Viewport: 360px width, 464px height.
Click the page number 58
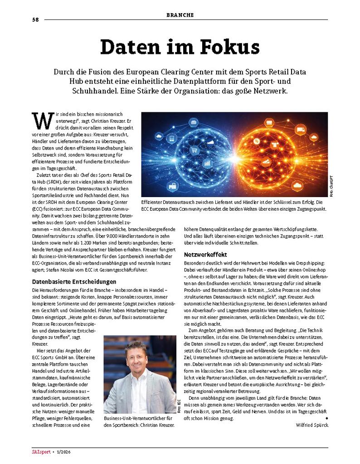(35, 20)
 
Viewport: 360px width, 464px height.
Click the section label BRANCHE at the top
(180, 15)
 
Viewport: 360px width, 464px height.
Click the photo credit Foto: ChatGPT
(331, 186)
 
